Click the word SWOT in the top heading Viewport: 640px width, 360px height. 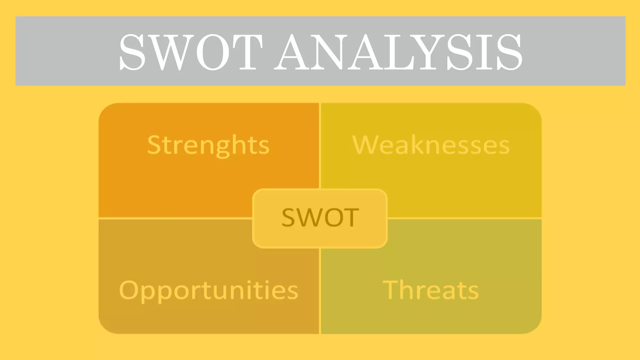191,52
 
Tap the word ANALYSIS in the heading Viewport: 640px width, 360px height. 398,52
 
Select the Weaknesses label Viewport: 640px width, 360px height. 431,145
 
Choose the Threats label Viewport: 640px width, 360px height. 431,290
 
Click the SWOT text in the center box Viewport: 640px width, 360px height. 320,217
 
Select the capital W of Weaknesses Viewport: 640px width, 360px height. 364,145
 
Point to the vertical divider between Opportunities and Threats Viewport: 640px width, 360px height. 320,291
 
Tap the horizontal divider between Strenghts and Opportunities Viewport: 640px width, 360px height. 175,218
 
